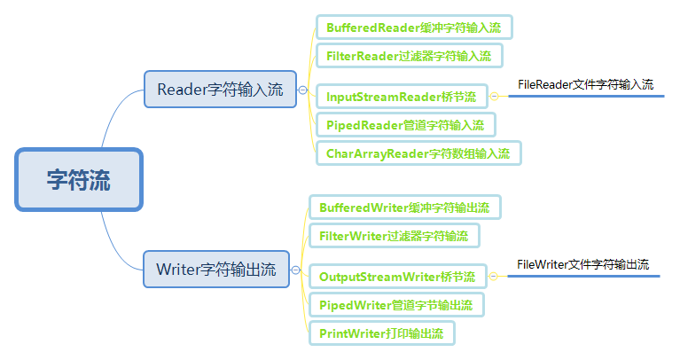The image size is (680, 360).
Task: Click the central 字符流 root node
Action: (79, 179)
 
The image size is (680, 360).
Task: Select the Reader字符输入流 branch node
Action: (220, 89)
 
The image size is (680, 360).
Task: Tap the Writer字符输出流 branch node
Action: (216, 269)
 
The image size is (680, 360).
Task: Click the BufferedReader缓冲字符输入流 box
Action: (414, 27)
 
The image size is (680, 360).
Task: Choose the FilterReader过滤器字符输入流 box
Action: (409, 55)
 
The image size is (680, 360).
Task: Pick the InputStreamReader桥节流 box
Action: (401, 96)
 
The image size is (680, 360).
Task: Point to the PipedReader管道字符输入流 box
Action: (405, 125)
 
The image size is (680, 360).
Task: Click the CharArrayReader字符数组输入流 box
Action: (418, 153)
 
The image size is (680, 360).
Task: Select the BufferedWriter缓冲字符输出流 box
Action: (404, 207)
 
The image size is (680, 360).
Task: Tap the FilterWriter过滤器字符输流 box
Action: (394, 236)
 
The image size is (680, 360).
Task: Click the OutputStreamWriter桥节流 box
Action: (397, 277)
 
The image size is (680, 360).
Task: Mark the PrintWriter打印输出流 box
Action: (381, 333)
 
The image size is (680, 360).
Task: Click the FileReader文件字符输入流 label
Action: (585, 85)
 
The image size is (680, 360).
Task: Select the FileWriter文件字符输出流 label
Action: (582, 264)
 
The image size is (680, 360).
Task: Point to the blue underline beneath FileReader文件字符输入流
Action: (585, 97)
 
